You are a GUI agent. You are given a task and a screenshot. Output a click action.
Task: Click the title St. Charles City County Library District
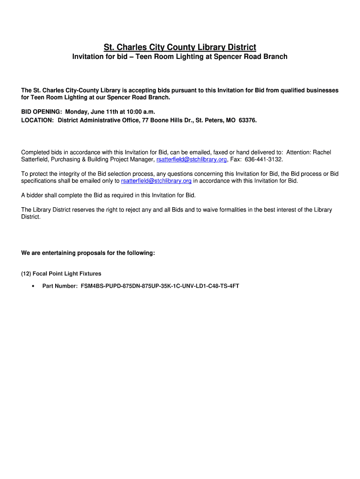pos(180,47)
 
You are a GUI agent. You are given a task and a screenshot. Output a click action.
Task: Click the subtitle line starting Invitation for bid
pos(180,57)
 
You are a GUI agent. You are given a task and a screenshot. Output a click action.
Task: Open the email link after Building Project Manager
pos(192,160)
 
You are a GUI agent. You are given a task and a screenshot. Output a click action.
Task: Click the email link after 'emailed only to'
pos(156,181)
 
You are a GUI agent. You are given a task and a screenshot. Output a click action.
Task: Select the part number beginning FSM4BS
pos(160,286)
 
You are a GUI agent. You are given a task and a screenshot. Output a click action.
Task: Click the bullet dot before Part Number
pos(32,286)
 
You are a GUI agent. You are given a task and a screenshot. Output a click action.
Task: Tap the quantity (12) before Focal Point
pos(26,274)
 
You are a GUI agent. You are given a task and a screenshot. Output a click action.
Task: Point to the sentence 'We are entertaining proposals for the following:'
pos(88,253)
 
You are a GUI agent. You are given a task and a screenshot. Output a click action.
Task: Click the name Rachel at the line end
pos(322,152)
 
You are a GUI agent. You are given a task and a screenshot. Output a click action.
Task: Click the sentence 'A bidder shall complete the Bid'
pos(108,195)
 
